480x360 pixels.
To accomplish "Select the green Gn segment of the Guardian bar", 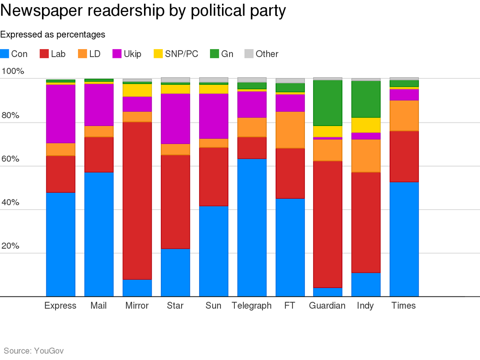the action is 327,103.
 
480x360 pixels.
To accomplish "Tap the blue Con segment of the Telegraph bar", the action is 252,228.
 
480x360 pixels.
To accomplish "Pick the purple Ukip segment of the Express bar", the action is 60,114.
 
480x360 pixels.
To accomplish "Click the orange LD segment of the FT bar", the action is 290,130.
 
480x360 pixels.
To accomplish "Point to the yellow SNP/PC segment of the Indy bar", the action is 366,125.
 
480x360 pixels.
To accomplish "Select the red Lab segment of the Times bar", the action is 404,156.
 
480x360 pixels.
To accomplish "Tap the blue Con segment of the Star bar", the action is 175,272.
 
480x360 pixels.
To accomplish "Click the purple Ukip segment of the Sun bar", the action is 214,116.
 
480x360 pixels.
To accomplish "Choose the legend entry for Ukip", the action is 127,54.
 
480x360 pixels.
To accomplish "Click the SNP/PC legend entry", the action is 176,54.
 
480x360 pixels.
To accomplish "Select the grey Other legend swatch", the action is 249,54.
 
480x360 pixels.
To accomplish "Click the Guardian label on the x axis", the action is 327,306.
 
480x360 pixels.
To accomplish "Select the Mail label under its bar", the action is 98,306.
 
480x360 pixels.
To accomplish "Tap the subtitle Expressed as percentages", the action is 52,34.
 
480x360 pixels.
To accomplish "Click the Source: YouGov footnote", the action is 34,351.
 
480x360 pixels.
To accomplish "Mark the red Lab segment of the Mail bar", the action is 99,155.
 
